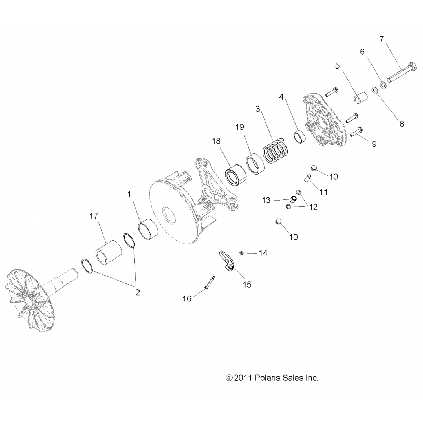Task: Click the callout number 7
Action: point(382,39)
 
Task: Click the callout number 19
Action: point(240,127)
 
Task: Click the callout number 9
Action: point(374,144)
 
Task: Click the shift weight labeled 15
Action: point(226,260)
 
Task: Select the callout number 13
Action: point(266,200)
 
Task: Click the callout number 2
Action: point(137,292)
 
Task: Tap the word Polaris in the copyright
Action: point(268,378)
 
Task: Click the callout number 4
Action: point(281,97)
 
